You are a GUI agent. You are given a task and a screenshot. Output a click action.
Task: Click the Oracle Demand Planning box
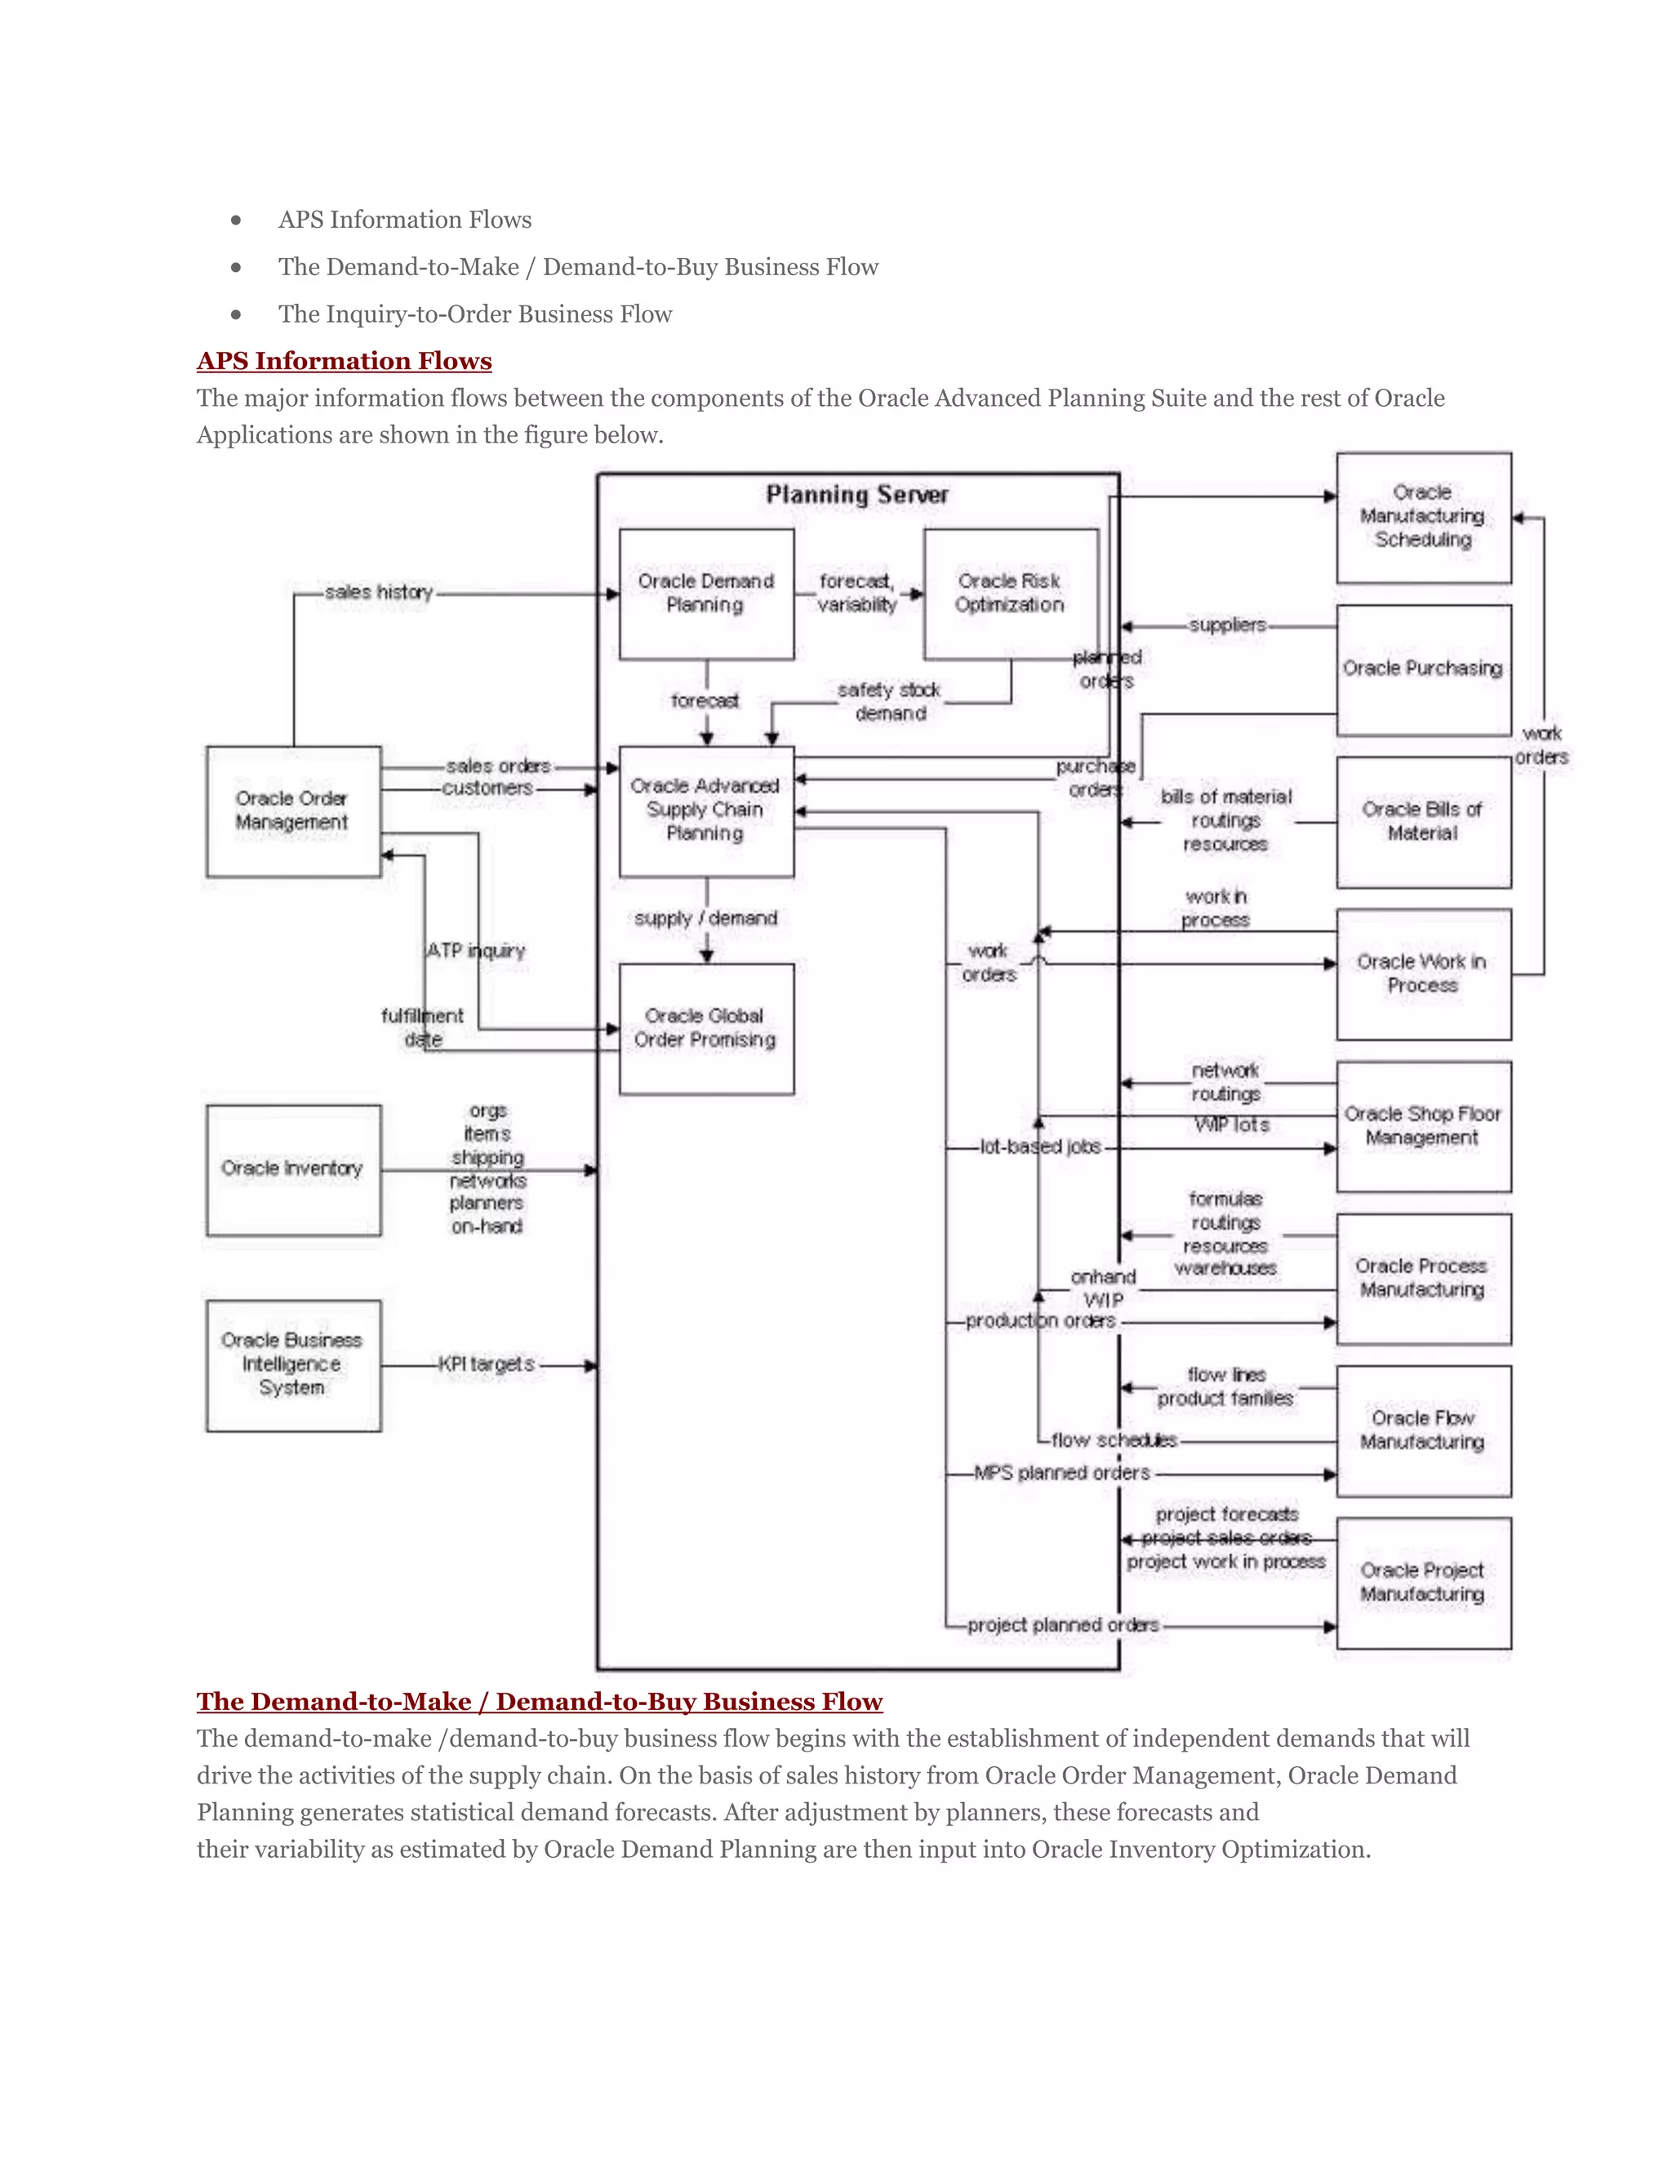tap(705, 594)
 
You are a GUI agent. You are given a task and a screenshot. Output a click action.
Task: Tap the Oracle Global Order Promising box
tap(705, 1028)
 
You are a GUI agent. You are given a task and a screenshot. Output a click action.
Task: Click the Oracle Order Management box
tap(293, 811)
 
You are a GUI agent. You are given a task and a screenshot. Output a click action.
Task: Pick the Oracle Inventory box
tap(293, 1169)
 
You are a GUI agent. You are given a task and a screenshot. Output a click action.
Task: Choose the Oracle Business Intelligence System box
tap(293, 1365)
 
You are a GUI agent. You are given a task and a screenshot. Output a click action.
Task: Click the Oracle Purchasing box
tap(1422, 669)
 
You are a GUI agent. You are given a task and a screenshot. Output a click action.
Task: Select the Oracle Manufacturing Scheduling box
tap(1422, 516)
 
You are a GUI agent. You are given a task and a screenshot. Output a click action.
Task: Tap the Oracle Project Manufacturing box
tap(1422, 1583)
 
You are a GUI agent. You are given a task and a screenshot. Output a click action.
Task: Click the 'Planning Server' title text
tap(856, 494)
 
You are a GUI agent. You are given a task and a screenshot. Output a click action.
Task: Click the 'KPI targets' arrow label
tap(487, 1365)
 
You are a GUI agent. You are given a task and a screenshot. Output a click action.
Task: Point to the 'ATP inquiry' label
tap(477, 951)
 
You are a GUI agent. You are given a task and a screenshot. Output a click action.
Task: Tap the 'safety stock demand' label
tap(890, 701)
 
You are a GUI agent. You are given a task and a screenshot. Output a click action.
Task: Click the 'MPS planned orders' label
tap(1062, 1473)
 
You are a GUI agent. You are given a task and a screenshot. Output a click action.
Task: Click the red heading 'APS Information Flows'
tap(344, 361)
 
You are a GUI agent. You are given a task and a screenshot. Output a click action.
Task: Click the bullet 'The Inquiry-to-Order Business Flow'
tap(474, 314)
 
